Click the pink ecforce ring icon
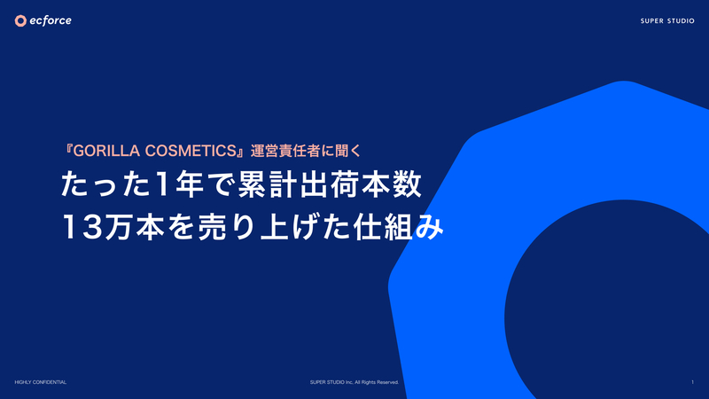tap(20, 20)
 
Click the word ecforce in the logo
tap(51, 20)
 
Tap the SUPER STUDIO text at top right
tap(667, 20)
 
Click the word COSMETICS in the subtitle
tap(191, 151)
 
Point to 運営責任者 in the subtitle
tap(284, 151)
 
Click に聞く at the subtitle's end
tap(341, 151)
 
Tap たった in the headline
tap(105, 184)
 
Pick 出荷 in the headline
tap(329, 184)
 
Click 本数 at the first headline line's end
tap(391, 184)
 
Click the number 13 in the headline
tap(82, 227)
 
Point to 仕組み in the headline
tap(398, 227)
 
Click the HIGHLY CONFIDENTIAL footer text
tap(40, 382)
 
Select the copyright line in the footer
tap(354, 382)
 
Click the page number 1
tap(692, 382)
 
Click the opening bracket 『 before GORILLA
tap(68, 151)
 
